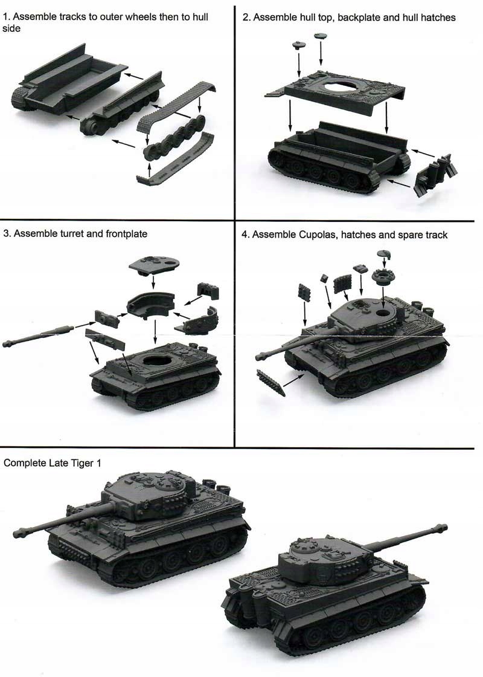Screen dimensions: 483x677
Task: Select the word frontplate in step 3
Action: tap(127, 234)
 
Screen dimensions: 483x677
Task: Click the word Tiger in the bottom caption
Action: tap(82, 464)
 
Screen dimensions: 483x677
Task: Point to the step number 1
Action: tap(5, 18)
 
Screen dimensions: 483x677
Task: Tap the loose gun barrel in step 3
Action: tap(36, 335)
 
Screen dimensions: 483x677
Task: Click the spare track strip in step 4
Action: tap(271, 382)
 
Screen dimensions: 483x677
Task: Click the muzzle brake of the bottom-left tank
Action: tap(19, 533)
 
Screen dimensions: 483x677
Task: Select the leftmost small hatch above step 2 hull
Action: tap(298, 45)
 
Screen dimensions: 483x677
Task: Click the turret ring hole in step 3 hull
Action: tap(158, 359)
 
